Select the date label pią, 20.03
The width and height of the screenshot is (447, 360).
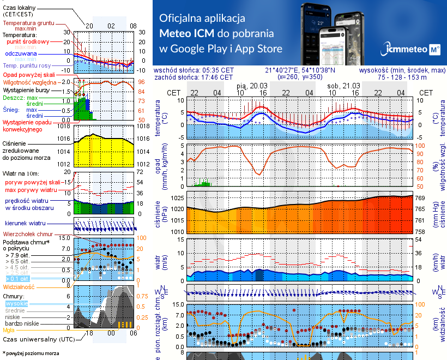click(x=252, y=86)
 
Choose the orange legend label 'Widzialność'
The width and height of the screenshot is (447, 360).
click(x=19, y=286)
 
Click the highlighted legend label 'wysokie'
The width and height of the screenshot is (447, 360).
click(x=16, y=303)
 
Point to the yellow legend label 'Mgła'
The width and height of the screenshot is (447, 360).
click(x=9, y=330)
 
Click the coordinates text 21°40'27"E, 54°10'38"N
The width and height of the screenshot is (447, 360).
click(x=300, y=70)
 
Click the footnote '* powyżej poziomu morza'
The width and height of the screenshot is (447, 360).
click(x=31, y=353)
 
